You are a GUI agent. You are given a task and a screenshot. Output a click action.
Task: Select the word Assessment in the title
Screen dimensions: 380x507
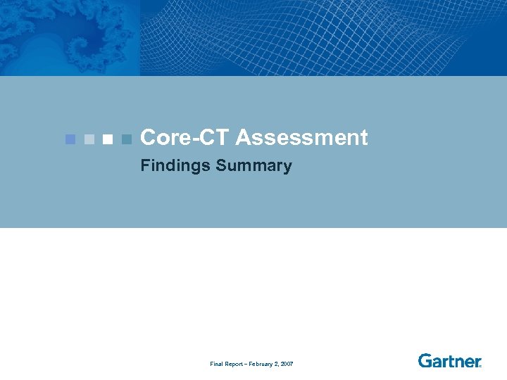pos(302,138)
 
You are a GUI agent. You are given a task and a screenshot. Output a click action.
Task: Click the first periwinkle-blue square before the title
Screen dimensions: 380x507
pos(70,139)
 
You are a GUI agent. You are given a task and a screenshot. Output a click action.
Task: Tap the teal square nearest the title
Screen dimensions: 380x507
pos(126,139)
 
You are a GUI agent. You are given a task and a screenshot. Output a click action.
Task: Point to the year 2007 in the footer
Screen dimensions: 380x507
pos(287,364)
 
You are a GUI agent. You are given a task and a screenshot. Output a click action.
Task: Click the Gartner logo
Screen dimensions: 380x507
pos(449,361)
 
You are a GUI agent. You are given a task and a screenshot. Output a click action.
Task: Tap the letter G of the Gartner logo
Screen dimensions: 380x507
pos(425,361)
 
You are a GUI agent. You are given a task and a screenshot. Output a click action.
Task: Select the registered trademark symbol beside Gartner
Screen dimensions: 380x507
pos(480,366)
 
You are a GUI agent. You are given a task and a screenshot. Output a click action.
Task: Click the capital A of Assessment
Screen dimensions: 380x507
pos(244,138)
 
